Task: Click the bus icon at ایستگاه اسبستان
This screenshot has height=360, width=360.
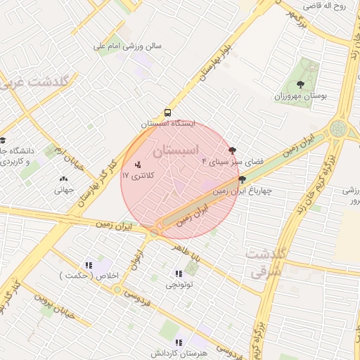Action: pos(167,112)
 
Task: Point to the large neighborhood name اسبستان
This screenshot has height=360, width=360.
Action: pos(175,150)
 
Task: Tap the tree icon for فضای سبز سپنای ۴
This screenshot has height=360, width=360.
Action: pos(232,150)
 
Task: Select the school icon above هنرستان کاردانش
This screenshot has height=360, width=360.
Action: pos(178,342)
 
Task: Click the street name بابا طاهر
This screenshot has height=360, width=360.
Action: pos(188,257)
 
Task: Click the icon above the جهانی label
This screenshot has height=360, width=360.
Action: pos(65,179)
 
